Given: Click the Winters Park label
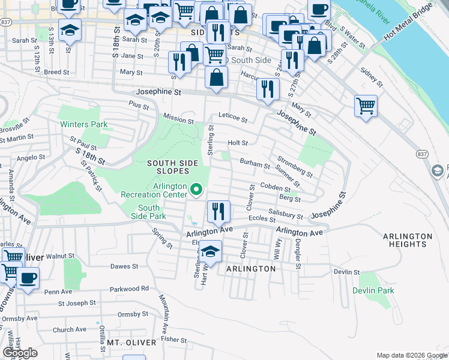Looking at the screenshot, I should click(x=83, y=124).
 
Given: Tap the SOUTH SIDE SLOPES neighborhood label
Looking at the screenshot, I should click(x=173, y=167).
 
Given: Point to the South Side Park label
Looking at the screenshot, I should click(x=144, y=211).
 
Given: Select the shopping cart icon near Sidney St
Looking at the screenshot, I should click(x=366, y=106).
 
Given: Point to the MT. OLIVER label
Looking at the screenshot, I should click(x=131, y=343).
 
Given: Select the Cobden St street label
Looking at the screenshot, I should click(x=276, y=187).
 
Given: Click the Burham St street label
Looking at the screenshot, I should click(x=255, y=163).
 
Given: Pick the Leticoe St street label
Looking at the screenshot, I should click(x=232, y=119).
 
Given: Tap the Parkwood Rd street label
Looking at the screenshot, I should click(x=129, y=289).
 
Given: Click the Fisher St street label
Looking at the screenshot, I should click(x=175, y=339).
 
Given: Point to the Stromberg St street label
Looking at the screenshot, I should click(x=295, y=167).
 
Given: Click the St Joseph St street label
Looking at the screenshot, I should click(x=77, y=303).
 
